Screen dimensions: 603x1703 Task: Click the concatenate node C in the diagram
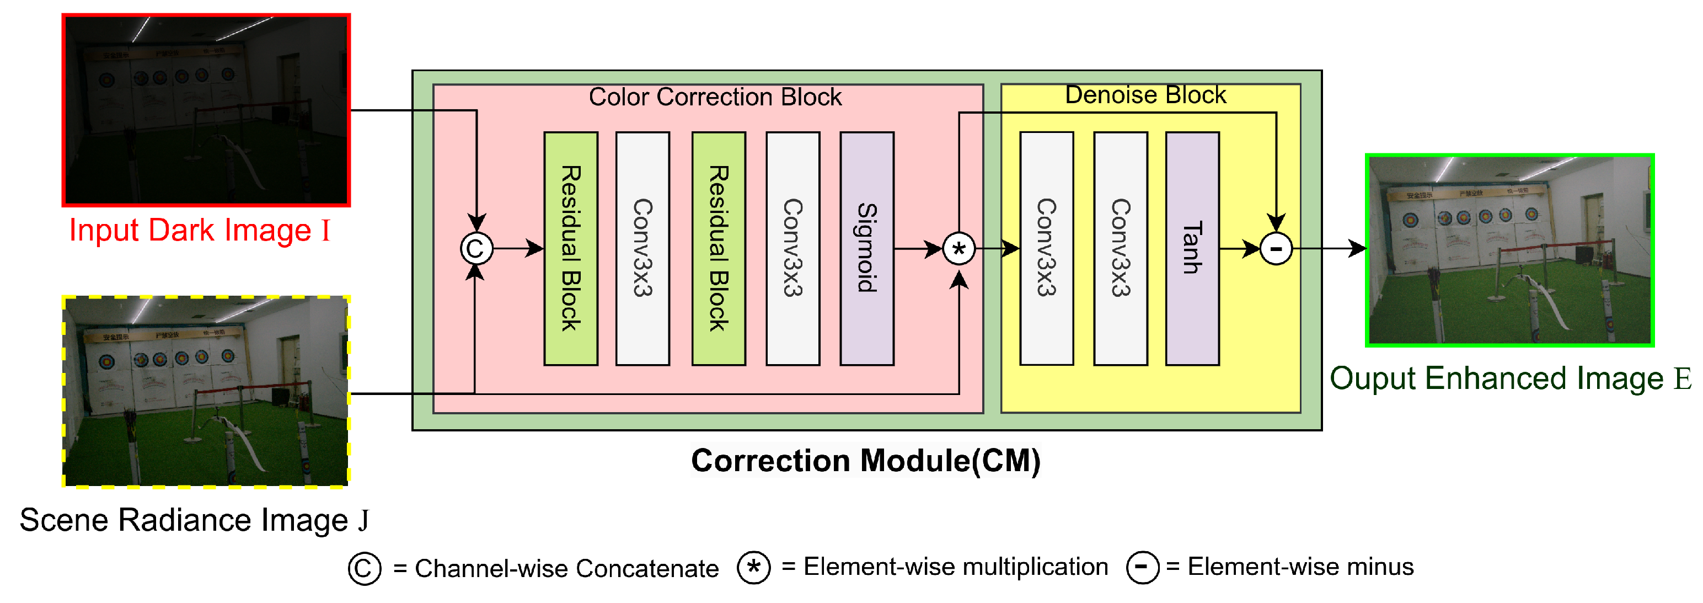[476, 249]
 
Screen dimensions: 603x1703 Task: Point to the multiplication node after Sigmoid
[958, 249]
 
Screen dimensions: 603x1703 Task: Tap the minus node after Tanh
[1276, 249]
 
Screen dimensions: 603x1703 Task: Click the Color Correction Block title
[715, 97]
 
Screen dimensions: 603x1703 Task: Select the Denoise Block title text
[1145, 95]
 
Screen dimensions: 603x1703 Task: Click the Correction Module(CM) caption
[865, 460]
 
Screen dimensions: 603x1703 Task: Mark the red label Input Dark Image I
[199, 231]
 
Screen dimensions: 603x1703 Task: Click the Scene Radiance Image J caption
[194, 520]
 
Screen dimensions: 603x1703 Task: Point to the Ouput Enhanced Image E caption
[1510, 378]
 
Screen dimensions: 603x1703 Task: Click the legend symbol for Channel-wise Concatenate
[365, 568]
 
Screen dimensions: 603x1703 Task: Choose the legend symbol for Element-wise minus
[1142, 567]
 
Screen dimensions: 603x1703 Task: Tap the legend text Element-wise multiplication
[955, 567]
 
